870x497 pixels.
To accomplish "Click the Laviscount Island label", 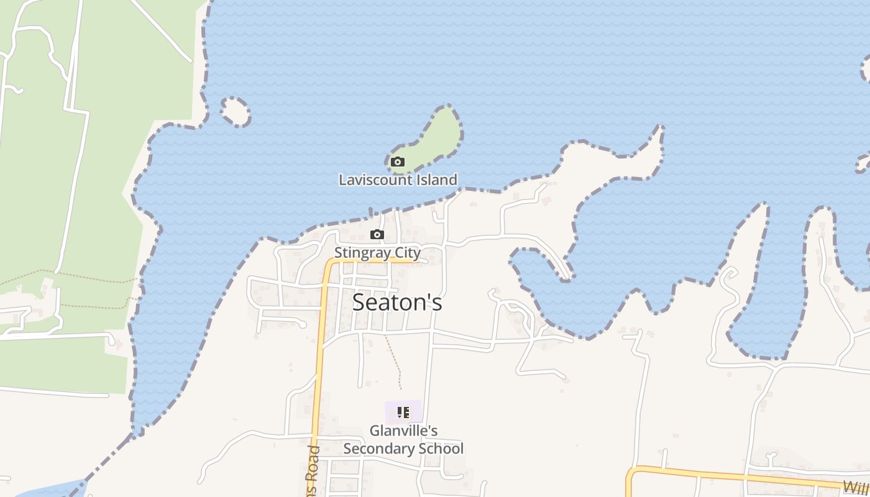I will coord(398,180).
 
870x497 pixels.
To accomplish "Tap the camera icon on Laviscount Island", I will coord(398,162).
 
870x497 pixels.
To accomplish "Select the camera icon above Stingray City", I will coord(377,234).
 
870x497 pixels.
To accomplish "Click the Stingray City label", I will coord(377,253).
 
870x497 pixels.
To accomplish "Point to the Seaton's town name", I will coord(397,303).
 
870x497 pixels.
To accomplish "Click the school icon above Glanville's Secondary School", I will coord(403,413).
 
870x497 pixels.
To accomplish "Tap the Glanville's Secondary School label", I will coord(403,439).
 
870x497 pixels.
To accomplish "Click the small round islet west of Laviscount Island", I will coord(235,112).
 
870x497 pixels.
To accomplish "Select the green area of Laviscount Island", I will coord(438,134).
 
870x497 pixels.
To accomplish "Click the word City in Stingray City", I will coord(407,253).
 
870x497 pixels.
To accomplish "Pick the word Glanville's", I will coord(403,431).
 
